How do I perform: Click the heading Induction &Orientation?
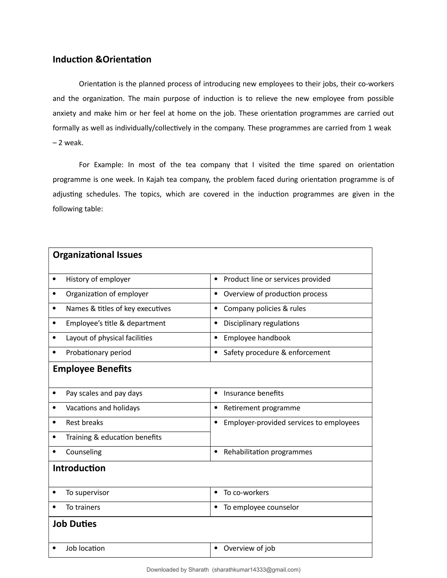(x=102, y=60)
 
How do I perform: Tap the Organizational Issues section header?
(x=97, y=255)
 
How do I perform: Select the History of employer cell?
(x=98, y=279)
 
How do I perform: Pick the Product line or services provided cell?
(x=277, y=279)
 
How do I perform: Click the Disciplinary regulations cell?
(x=261, y=323)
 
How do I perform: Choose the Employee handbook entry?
(x=257, y=338)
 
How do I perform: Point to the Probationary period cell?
(x=98, y=353)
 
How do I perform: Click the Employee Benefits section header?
(x=92, y=369)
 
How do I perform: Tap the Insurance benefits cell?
(x=253, y=393)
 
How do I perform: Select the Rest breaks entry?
(x=84, y=423)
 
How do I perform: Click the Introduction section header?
(x=79, y=468)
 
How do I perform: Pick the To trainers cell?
(x=83, y=507)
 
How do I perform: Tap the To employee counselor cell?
(x=261, y=507)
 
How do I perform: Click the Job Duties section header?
(x=75, y=524)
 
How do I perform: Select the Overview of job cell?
(x=249, y=548)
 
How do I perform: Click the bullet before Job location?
(x=54, y=548)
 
